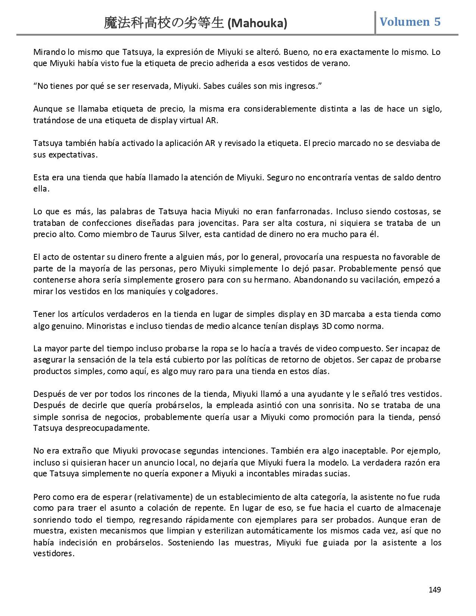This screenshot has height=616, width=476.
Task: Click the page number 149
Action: [435, 590]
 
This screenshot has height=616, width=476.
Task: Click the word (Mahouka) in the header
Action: [257, 24]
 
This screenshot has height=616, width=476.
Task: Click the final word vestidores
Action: [54, 554]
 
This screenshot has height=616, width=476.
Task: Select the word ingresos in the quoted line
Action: [302, 86]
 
